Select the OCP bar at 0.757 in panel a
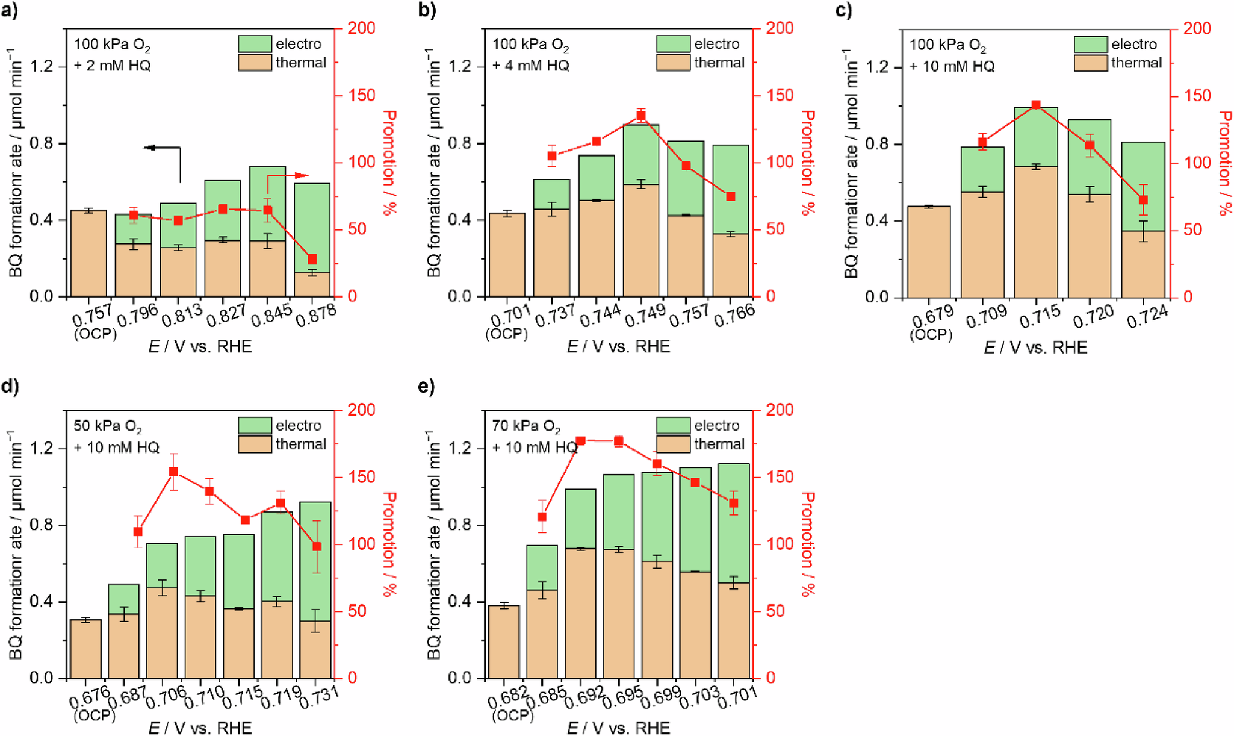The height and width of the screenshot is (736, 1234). (x=89, y=254)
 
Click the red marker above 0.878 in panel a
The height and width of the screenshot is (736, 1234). (x=312, y=260)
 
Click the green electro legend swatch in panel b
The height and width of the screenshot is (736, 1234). (x=673, y=44)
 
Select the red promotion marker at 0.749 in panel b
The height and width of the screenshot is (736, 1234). (x=641, y=116)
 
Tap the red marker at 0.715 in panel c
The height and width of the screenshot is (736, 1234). (x=1036, y=105)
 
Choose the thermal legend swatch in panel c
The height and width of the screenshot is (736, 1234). (x=1091, y=63)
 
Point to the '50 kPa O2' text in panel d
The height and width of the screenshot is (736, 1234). (x=108, y=426)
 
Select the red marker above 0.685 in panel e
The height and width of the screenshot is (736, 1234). (x=542, y=517)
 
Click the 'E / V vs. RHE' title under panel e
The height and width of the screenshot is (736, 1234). (x=618, y=728)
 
